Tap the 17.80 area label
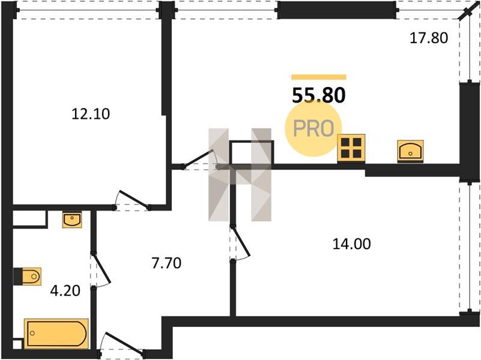coord(429,38)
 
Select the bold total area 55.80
coord(319,95)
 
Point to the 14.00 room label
coord(352,244)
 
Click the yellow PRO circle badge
coord(313,128)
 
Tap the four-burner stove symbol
coord(351,148)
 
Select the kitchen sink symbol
coord(410,151)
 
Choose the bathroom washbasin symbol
coord(72,220)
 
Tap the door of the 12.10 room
coord(132,200)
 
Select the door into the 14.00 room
coord(240,242)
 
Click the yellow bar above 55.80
coord(319,77)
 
